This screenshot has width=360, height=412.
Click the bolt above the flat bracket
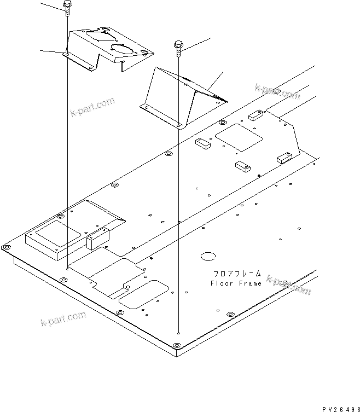tap(66, 7)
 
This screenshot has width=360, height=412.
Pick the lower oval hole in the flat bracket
tap(124, 49)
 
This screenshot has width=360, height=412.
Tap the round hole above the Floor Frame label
tap(208, 256)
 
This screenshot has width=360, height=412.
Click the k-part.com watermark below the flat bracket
tap(92, 107)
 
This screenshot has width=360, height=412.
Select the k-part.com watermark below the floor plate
tap(63, 319)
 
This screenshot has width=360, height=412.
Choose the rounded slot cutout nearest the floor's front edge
tap(143, 294)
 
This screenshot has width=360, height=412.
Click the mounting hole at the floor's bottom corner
tap(176, 345)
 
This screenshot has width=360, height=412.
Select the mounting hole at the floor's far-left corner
tap(7, 248)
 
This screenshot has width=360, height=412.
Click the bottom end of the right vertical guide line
tap(179, 332)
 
